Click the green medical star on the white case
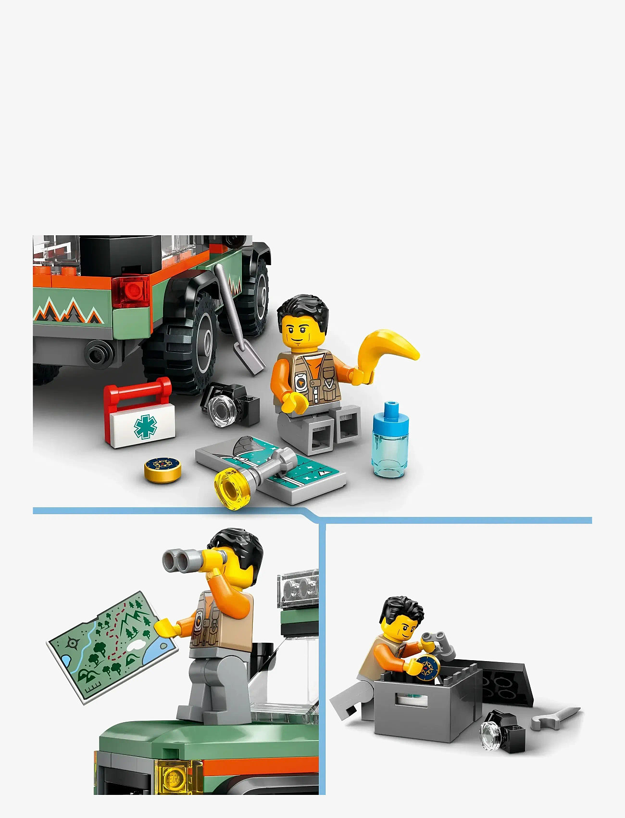(145, 426)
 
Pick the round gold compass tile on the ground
(163, 469)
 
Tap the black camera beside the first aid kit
(231, 404)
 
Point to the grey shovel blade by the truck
(250, 356)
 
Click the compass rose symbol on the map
(72, 642)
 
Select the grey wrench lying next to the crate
(555, 718)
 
